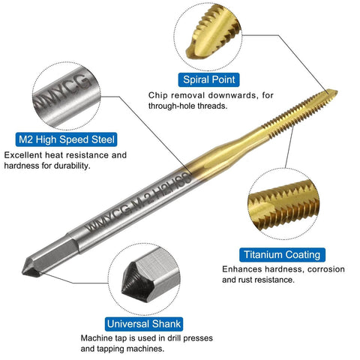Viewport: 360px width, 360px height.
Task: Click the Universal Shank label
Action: click(x=143, y=324)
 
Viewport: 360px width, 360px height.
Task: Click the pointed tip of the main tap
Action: click(x=334, y=94)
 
